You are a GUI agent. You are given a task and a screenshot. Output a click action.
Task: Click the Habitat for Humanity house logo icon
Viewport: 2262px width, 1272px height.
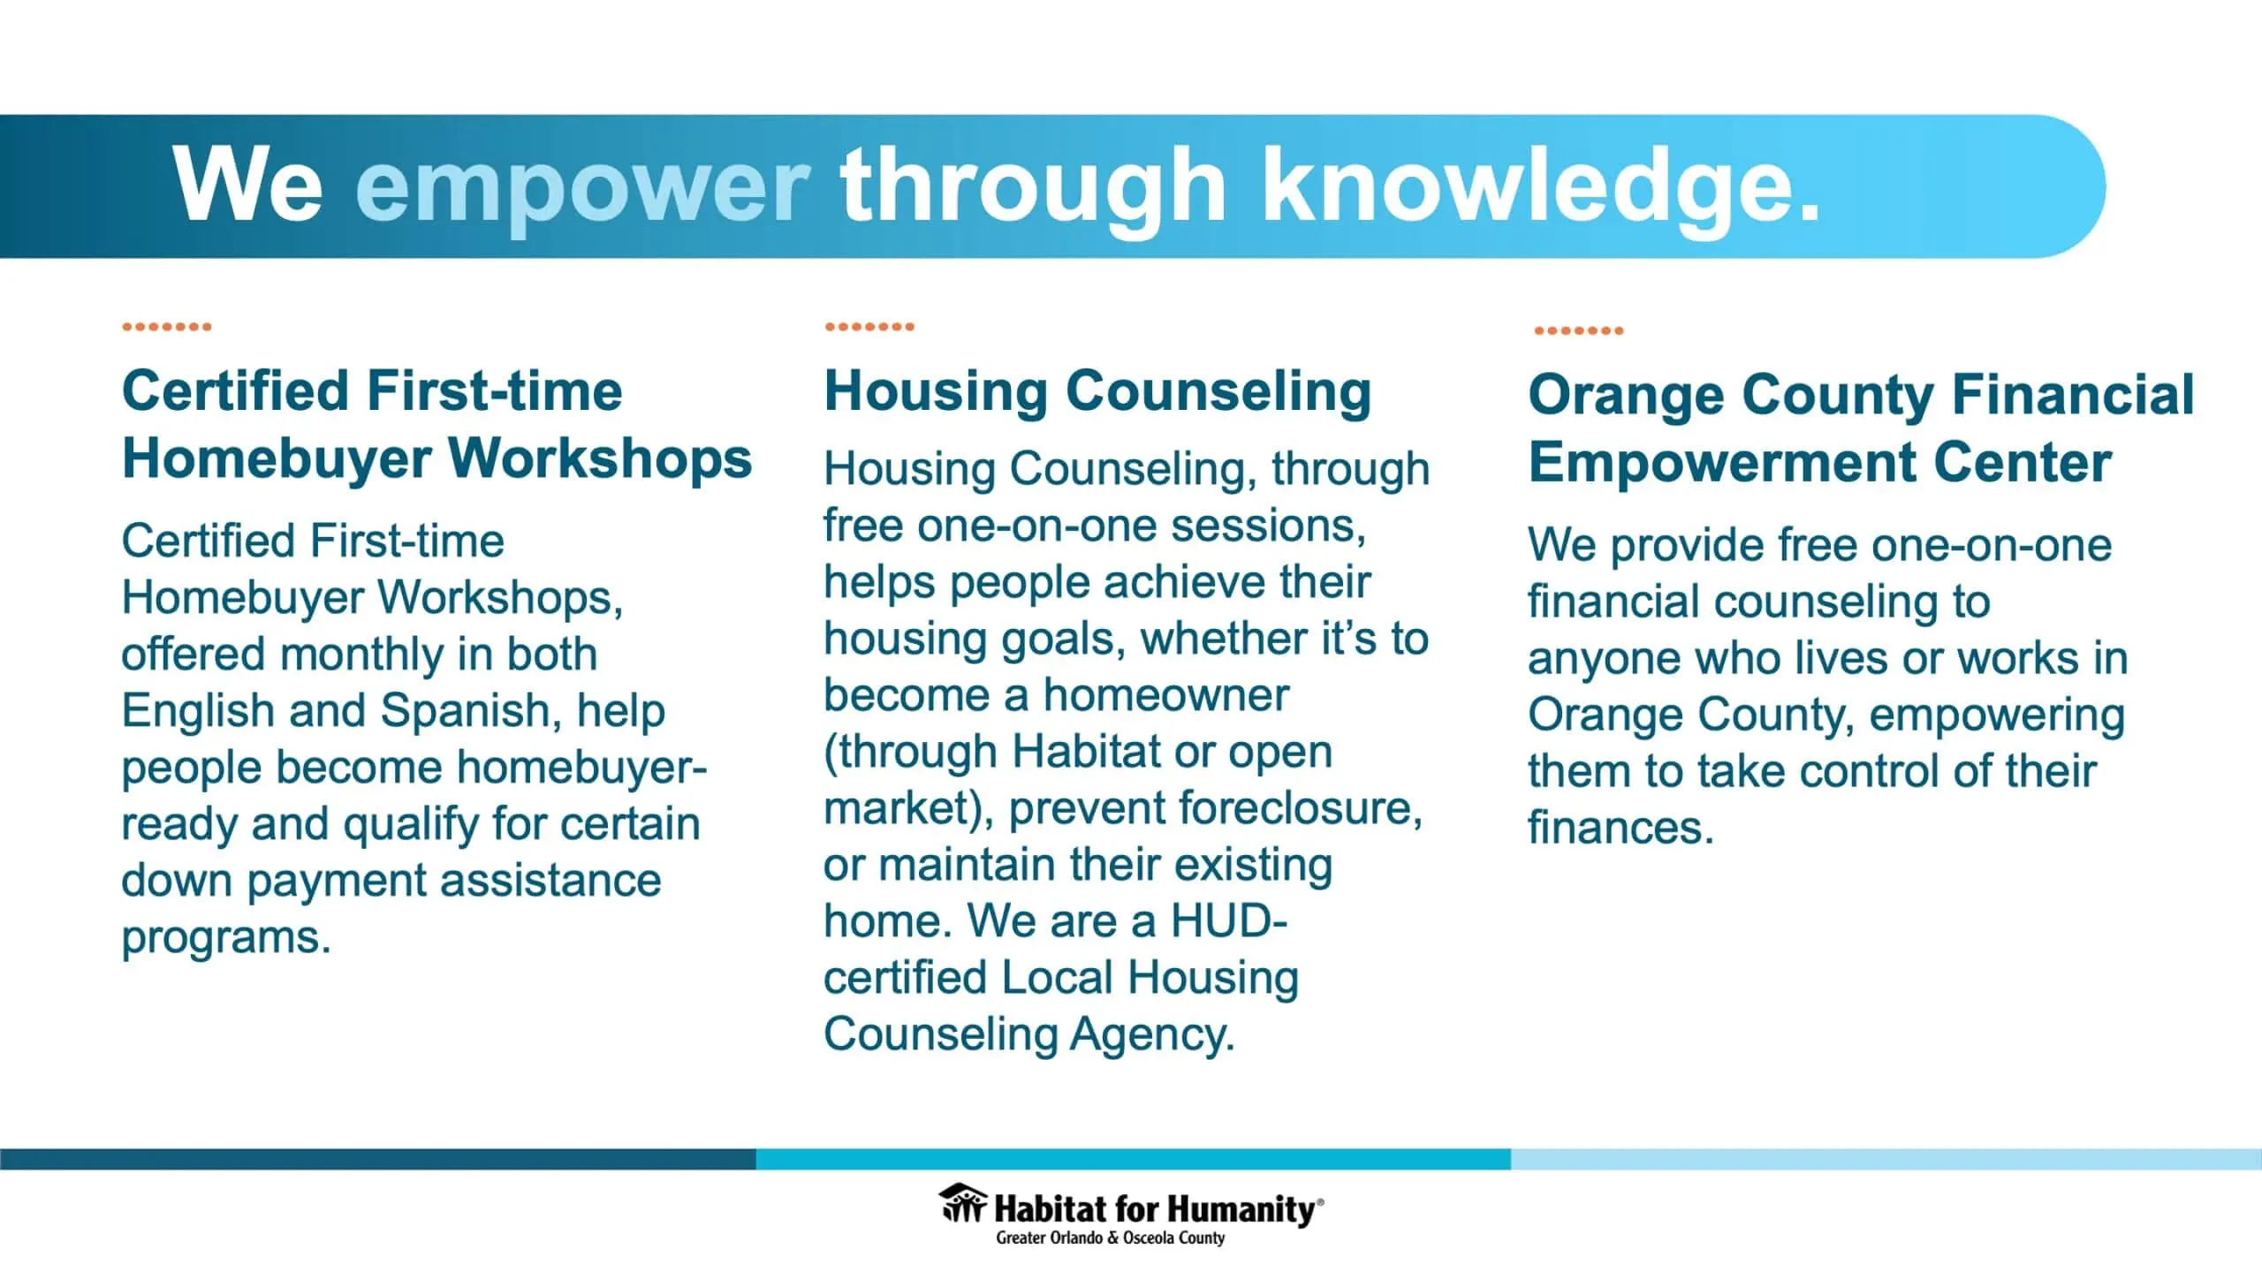pos(963,1203)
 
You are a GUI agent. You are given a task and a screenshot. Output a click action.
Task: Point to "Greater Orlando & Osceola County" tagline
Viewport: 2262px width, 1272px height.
pos(1111,1238)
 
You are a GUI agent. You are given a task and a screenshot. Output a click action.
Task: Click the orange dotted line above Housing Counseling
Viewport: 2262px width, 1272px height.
pos(869,327)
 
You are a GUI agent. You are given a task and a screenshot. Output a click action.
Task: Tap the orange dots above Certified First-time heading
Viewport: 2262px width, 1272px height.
pos(167,327)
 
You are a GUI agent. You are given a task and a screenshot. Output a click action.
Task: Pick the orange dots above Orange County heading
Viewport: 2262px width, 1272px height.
pos(1579,330)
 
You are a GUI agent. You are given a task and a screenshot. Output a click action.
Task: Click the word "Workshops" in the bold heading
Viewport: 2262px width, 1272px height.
pos(600,458)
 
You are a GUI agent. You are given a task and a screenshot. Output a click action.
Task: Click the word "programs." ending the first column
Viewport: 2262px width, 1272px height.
pos(226,938)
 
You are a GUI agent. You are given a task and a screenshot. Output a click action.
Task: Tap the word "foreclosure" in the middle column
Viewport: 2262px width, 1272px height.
pos(1215,808)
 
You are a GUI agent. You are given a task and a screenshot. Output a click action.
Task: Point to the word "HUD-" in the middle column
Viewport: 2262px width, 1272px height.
pos(1229,920)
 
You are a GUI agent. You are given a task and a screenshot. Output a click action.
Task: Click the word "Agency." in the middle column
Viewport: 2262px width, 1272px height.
pos(1152,1035)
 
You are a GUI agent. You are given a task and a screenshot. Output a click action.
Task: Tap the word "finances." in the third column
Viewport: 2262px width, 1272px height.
pos(1621,827)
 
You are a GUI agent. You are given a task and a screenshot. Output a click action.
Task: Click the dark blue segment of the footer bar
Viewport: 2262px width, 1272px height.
pos(378,1159)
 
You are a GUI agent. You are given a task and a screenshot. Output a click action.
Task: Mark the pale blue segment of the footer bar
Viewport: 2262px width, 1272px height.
pos(1886,1159)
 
